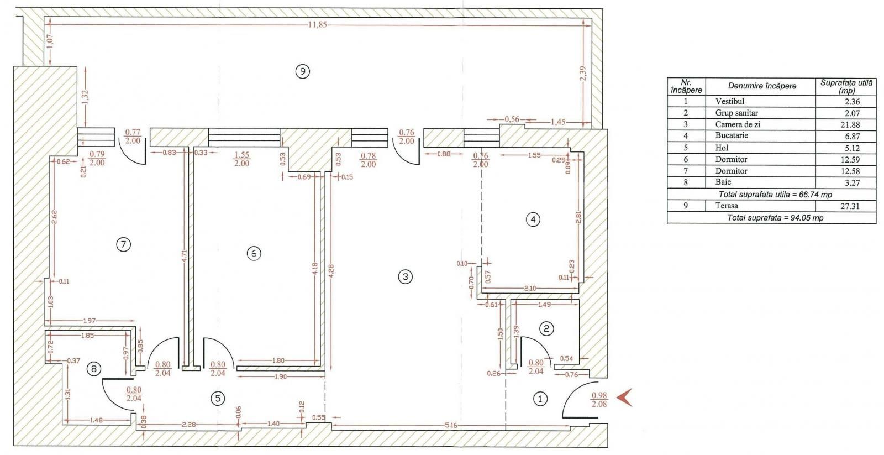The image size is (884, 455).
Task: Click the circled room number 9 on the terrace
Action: point(302,71)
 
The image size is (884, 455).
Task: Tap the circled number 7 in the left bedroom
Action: point(123,244)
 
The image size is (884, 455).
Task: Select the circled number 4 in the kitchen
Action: point(533,219)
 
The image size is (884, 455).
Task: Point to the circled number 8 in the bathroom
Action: point(94,368)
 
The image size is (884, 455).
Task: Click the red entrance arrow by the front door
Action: point(624,397)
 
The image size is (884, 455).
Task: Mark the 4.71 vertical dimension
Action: point(185,259)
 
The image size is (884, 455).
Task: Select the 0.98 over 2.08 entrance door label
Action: point(599,400)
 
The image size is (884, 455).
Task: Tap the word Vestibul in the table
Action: point(729,101)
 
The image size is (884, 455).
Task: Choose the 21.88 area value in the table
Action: point(850,124)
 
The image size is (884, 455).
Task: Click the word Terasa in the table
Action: point(726,206)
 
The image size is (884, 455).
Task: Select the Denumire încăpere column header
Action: point(762,86)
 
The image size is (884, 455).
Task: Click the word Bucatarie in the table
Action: point(732,135)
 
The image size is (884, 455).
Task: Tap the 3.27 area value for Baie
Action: point(852,182)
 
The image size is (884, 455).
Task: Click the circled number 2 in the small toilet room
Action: point(546,329)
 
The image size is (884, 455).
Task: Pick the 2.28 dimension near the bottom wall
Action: point(188,424)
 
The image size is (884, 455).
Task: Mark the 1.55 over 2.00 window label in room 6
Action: point(241,159)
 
